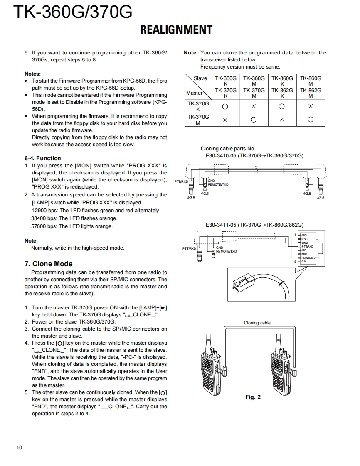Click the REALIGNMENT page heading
click(x=176, y=30)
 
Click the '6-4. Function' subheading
click(x=42, y=158)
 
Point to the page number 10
click(x=20, y=447)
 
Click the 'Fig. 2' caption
click(x=253, y=397)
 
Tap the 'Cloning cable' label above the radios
click(x=257, y=323)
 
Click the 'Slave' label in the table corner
click(x=200, y=78)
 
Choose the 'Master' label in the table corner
click(x=194, y=93)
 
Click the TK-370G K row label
click(x=198, y=106)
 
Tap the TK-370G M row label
click(x=198, y=120)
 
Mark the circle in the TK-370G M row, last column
click(x=310, y=120)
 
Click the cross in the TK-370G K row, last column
click(x=310, y=106)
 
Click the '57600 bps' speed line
click(x=72, y=226)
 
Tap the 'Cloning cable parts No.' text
click(x=228, y=149)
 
